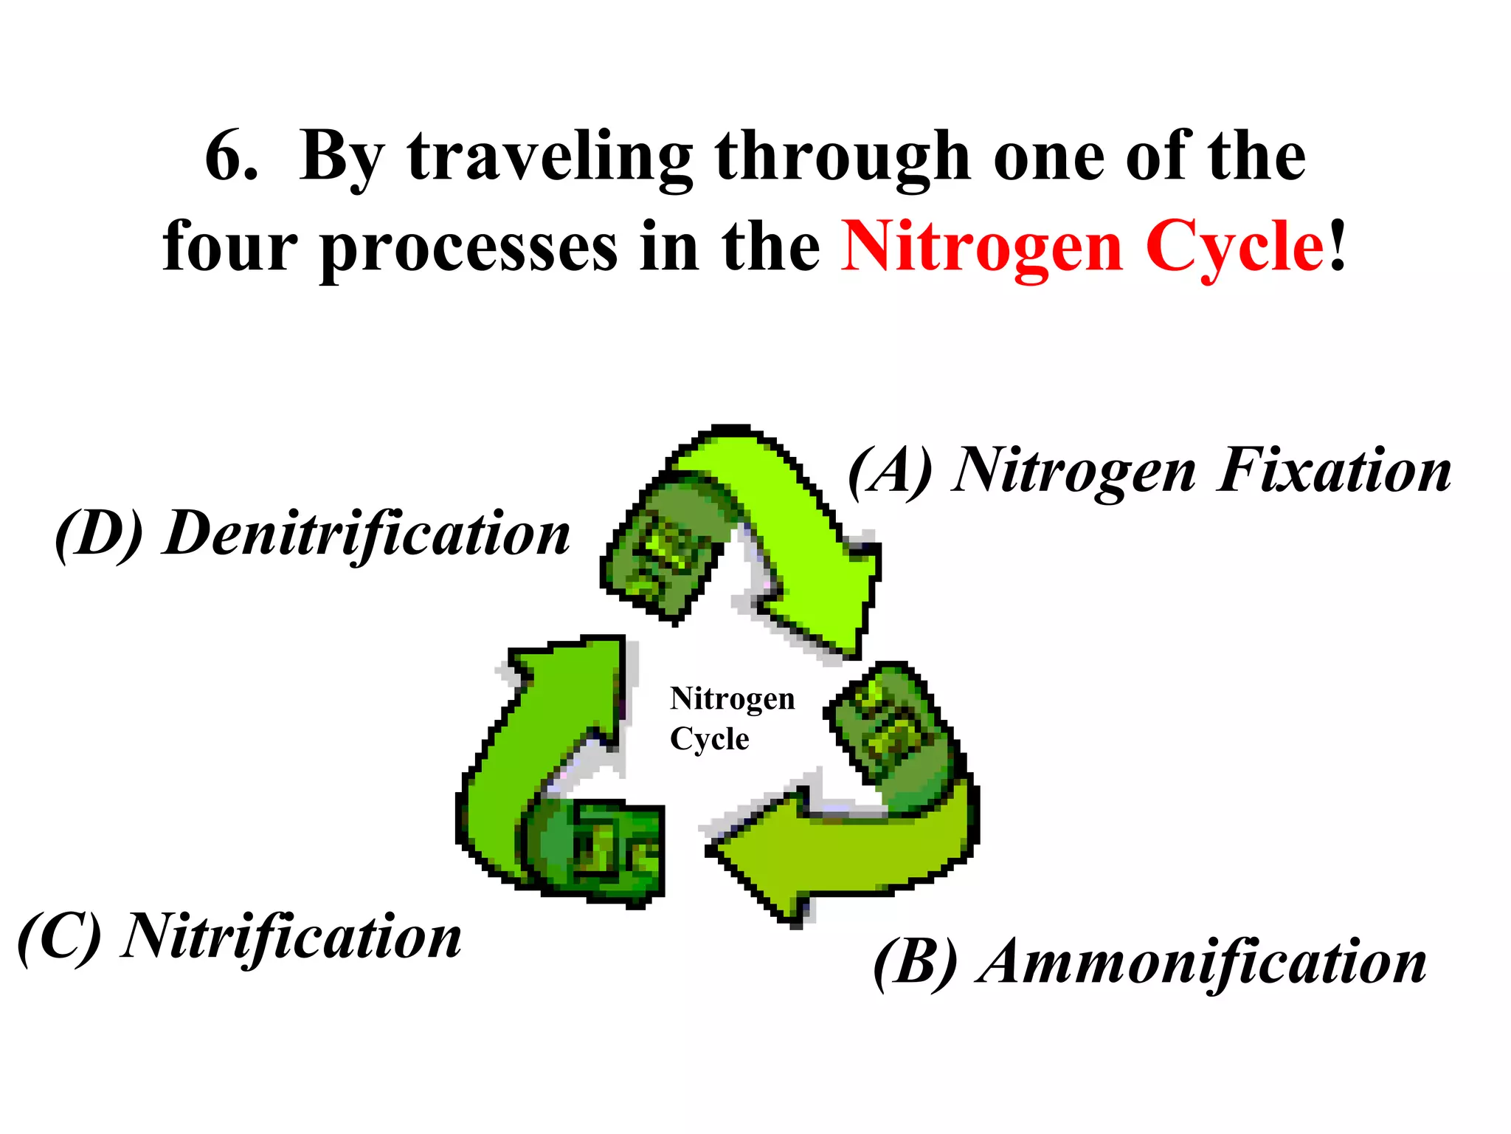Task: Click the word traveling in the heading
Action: [x=550, y=158]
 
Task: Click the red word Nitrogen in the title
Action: [x=982, y=250]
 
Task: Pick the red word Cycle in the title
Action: [x=1235, y=250]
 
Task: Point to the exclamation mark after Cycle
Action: [x=1338, y=247]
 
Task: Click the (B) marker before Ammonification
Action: [x=916, y=963]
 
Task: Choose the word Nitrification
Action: [x=292, y=938]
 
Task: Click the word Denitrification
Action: [x=367, y=535]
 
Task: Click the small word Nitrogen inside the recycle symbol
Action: [x=732, y=698]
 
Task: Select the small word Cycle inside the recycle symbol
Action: [x=709, y=738]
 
